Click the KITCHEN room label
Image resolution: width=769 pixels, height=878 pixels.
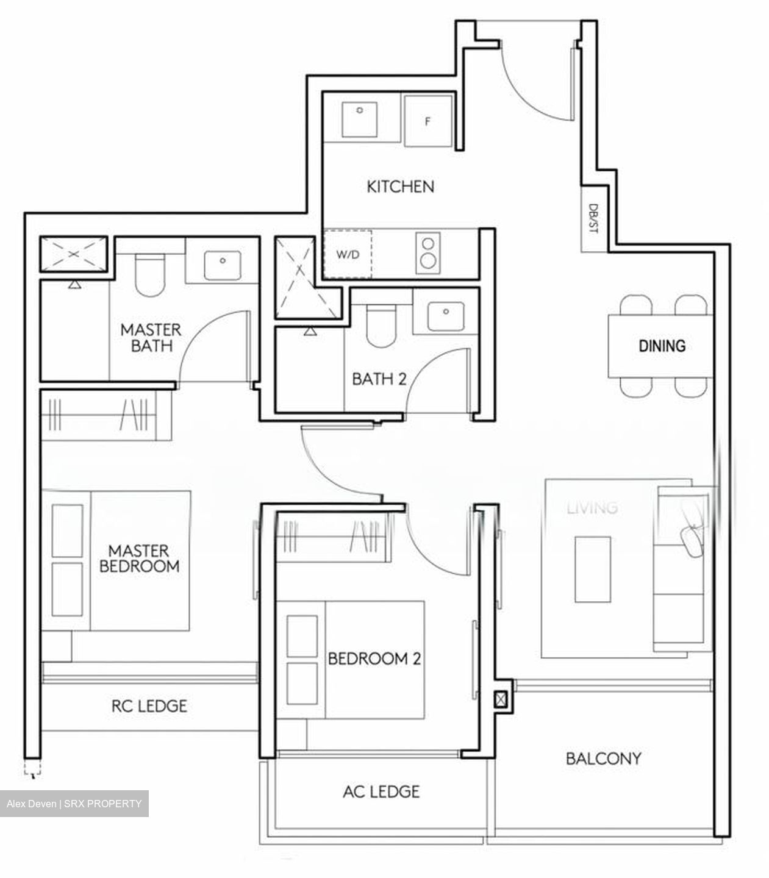click(400, 187)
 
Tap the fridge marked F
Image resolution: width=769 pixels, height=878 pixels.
click(428, 121)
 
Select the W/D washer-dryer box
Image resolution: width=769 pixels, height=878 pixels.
click(347, 254)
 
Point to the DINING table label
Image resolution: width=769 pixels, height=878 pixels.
click(662, 346)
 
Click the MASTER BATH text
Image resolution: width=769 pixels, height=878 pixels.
click(150, 338)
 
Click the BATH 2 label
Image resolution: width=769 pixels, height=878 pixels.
click(379, 379)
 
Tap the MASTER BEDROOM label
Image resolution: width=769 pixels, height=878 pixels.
click(140, 559)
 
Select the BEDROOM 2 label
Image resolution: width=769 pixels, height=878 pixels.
click(374, 659)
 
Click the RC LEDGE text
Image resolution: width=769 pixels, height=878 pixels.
click(149, 705)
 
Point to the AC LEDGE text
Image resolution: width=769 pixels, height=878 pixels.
click(381, 791)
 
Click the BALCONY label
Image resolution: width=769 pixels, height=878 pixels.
click(603, 758)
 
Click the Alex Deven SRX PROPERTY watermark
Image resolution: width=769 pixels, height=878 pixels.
click(74, 804)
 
